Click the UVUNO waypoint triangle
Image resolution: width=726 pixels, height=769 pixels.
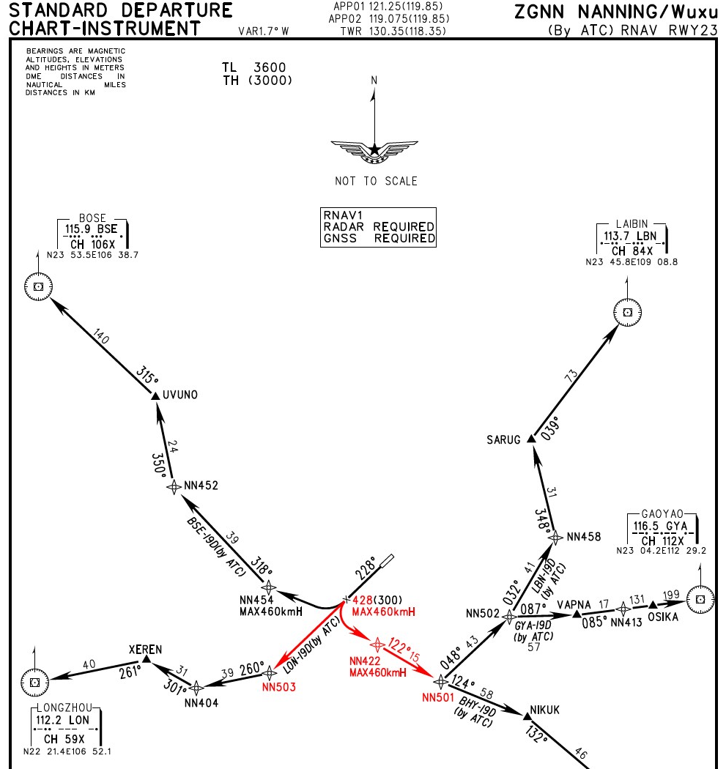[x=155, y=395]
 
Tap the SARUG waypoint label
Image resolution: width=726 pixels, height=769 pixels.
[x=503, y=440]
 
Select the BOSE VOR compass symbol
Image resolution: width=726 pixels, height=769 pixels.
[x=38, y=286]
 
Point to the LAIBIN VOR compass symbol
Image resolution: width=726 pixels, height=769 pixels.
[x=627, y=313]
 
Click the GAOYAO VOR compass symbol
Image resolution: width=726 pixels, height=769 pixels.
[x=700, y=599]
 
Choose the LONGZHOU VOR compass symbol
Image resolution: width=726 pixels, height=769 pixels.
[x=34, y=682]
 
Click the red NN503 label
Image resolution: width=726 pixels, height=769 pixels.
[x=279, y=687]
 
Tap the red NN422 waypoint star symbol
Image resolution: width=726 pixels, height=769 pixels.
[x=377, y=644]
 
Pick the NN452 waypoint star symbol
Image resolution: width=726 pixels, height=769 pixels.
[x=174, y=486]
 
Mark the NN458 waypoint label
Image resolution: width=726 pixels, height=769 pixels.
[x=584, y=537]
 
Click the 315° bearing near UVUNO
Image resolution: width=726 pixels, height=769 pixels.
[x=147, y=375]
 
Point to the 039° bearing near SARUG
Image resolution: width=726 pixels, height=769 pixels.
[x=551, y=428]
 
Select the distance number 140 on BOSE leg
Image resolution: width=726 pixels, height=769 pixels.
[x=100, y=336]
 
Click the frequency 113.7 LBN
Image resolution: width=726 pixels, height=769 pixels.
[x=630, y=236]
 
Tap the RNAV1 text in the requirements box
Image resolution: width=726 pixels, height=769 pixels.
[x=343, y=215]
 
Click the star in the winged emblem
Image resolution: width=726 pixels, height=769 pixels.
[x=375, y=149]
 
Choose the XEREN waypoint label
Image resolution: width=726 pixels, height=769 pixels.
[x=145, y=650]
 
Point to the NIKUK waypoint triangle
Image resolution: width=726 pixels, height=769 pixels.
[x=527, y=716]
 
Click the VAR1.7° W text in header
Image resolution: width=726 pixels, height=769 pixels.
[x=264, y=31]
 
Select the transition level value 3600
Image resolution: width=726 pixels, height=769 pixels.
[x=270, y=67]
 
